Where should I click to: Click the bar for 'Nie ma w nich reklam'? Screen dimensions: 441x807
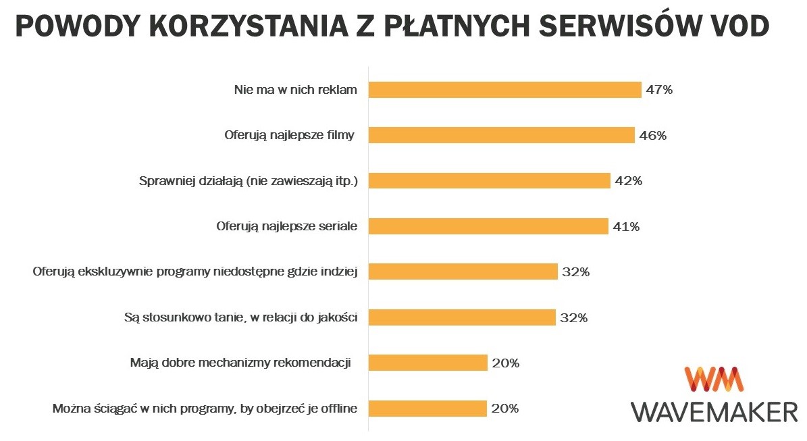coord(504,90)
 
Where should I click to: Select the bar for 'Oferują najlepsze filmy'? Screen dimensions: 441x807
coord(501,135)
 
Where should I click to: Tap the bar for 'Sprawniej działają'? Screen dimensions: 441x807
coord(489,181)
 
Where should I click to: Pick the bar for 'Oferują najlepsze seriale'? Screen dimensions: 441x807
coord(488,226)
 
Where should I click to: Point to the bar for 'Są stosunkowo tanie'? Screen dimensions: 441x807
coord(461,317)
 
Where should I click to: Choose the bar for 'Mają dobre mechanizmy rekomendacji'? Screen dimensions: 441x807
coord(427,363)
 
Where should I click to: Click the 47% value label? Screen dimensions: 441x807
coord(659,90)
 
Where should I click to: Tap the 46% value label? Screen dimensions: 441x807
coord(653,136)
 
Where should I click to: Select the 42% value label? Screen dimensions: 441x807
coord(628,181)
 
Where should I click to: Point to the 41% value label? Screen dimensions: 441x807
coord(626,227)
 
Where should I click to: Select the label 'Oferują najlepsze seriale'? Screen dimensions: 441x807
coord(286,226)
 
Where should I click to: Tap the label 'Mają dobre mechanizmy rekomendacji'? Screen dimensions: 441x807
coord(240,363)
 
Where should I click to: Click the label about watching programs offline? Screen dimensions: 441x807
coord(205,409)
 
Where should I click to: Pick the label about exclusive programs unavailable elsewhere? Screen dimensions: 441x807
coord(195,272)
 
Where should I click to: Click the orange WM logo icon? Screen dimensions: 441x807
coord(714,379)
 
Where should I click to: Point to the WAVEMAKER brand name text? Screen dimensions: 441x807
coord(714,411)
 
